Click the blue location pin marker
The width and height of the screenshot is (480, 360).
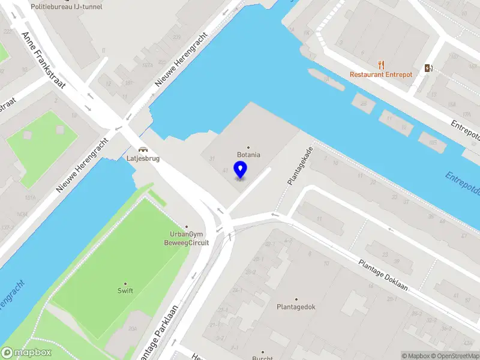(240, 169)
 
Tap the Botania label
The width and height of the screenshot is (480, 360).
(248, 155)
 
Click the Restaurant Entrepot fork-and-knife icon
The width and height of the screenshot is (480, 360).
(381, 65)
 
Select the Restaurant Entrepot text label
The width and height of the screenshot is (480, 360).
(381, 74)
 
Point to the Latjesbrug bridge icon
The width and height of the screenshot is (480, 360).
(143, 150)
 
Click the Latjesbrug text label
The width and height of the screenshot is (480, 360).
(143, 158)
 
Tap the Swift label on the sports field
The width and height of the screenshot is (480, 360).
(125, 291)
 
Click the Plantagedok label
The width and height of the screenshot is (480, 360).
(296, 307)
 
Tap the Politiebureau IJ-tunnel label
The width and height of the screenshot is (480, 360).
(67, 7)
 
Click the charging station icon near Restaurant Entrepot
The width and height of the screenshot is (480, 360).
(428, 68)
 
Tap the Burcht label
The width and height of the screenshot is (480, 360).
(262, 358)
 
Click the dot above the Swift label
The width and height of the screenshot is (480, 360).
(125, 283)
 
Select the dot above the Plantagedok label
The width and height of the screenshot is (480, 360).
(296, 299)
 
